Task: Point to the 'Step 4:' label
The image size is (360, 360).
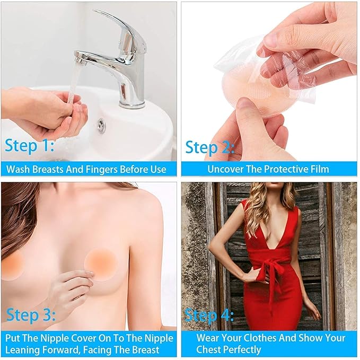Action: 209,315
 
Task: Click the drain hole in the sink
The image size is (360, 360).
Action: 100,125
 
